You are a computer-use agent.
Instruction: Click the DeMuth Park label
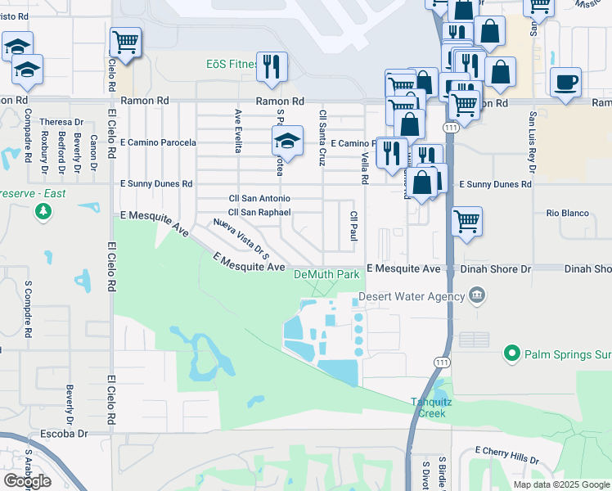coord(326,275)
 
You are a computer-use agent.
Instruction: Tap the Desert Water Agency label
coord(409,296)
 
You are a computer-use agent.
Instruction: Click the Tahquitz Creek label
coord(429,408)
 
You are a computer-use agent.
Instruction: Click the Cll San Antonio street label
coord(259,198)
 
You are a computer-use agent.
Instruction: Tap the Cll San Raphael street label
coord(259,211)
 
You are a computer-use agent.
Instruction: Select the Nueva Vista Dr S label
coord(241,235)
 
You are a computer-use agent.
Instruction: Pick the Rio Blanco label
coord(569,214)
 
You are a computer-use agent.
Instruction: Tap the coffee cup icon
coord(566,83)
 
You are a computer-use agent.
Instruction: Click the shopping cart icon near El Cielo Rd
coord(125,42)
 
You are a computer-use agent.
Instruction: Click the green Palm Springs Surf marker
coord(512,354)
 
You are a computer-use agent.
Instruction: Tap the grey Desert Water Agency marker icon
coord(478,295)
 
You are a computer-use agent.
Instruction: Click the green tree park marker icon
coord(43,213)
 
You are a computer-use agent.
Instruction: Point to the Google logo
coord(27,481)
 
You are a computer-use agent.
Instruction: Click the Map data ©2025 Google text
coord(561,484)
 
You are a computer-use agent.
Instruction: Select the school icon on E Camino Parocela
coord(287,141)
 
